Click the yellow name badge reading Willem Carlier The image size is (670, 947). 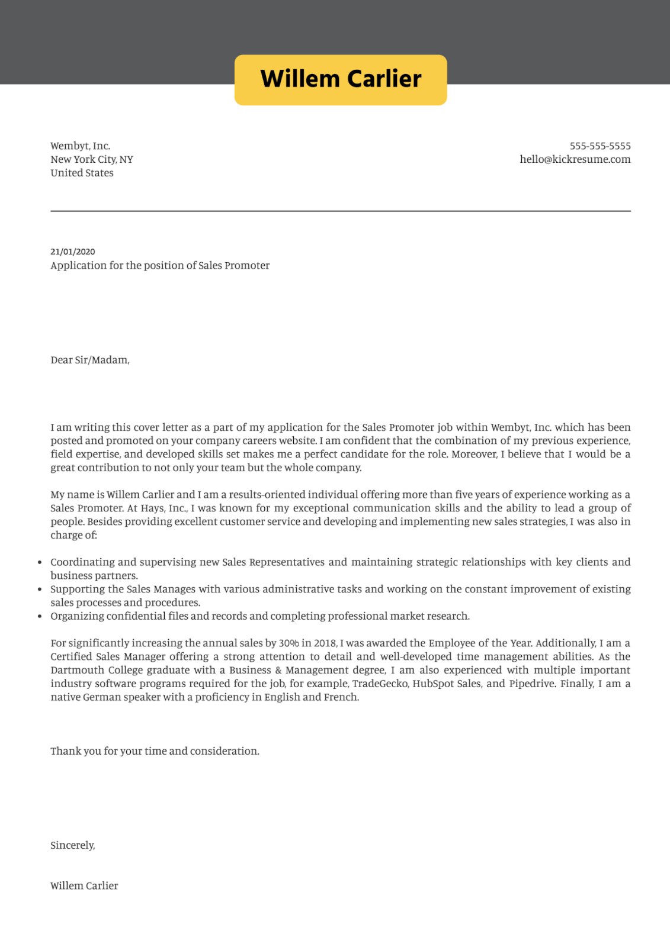point(341,80)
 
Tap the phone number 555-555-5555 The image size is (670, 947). point(600,146)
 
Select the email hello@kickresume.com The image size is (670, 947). point(575,159)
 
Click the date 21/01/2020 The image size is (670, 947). point(73,252)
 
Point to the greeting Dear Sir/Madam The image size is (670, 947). point(89,360)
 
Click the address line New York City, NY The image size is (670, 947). point(92,159)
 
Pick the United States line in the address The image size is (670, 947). point(82,173)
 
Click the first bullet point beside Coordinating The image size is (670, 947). point(40,562)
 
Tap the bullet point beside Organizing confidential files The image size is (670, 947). point(40,616)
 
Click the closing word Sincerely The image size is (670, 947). point(72,845)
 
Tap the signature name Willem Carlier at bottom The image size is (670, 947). point(84,885)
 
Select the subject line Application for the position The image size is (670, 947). point(160,265)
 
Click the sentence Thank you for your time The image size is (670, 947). point(155,751)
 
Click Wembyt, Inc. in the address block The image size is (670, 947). point(80,146)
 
